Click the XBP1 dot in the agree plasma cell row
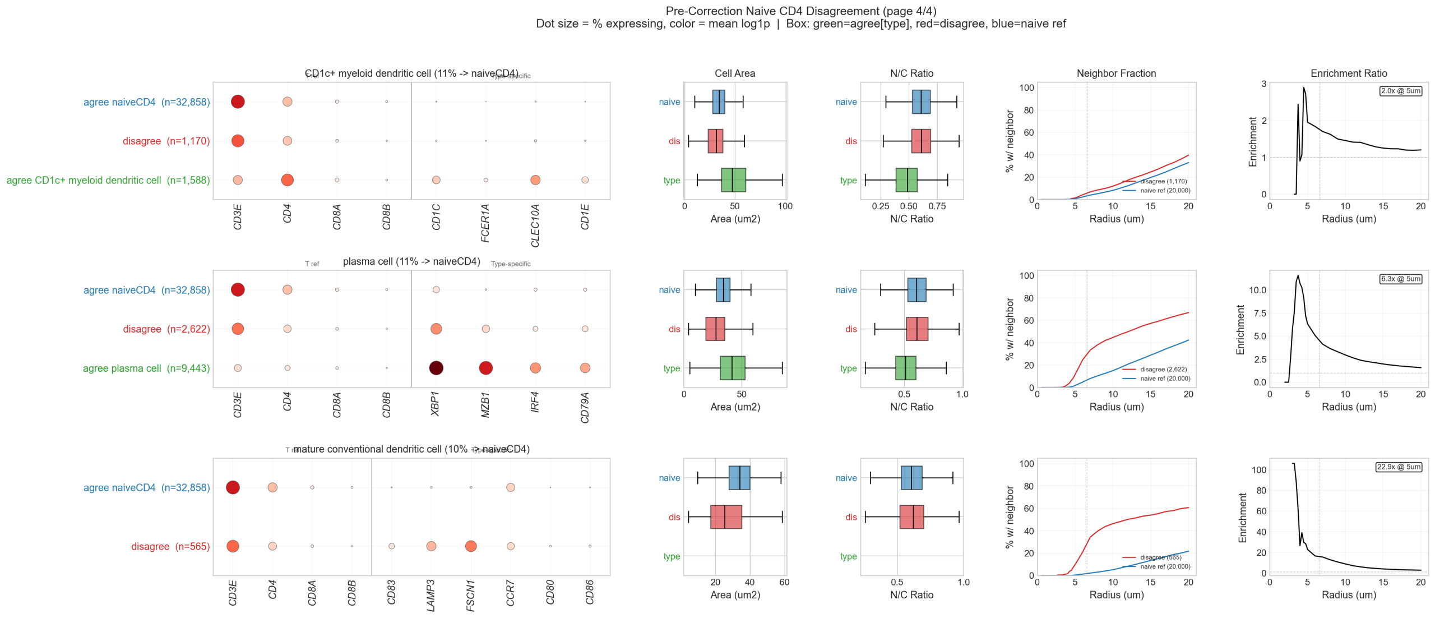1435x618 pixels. coord(436,368)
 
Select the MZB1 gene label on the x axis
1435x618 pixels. coord(485,405)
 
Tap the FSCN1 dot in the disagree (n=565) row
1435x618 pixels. coord(471,546)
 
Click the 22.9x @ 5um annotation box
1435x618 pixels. coord(1399,467)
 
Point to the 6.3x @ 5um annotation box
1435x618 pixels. coord(1400,279)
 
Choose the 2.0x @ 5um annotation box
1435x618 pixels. coord(1400,91)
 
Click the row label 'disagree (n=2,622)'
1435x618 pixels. coord(166,329)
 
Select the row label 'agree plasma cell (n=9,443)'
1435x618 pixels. coord(146,368)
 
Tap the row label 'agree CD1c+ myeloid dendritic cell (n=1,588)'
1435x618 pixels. coord(108,181)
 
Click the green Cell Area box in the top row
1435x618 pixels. coord(733,180)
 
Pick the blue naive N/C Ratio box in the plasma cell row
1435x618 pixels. coord(916,290)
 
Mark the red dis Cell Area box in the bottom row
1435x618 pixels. coord(726,517)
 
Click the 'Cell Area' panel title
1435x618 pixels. coord(734,73)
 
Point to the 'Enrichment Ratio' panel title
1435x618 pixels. coord(1348,73)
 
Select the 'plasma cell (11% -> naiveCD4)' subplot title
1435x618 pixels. coord(411,261)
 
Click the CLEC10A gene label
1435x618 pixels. coord(535,225)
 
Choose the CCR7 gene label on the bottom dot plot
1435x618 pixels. coord(510,593)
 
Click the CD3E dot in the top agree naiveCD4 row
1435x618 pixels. coord(238,102)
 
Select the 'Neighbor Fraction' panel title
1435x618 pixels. coord(1115,73)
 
